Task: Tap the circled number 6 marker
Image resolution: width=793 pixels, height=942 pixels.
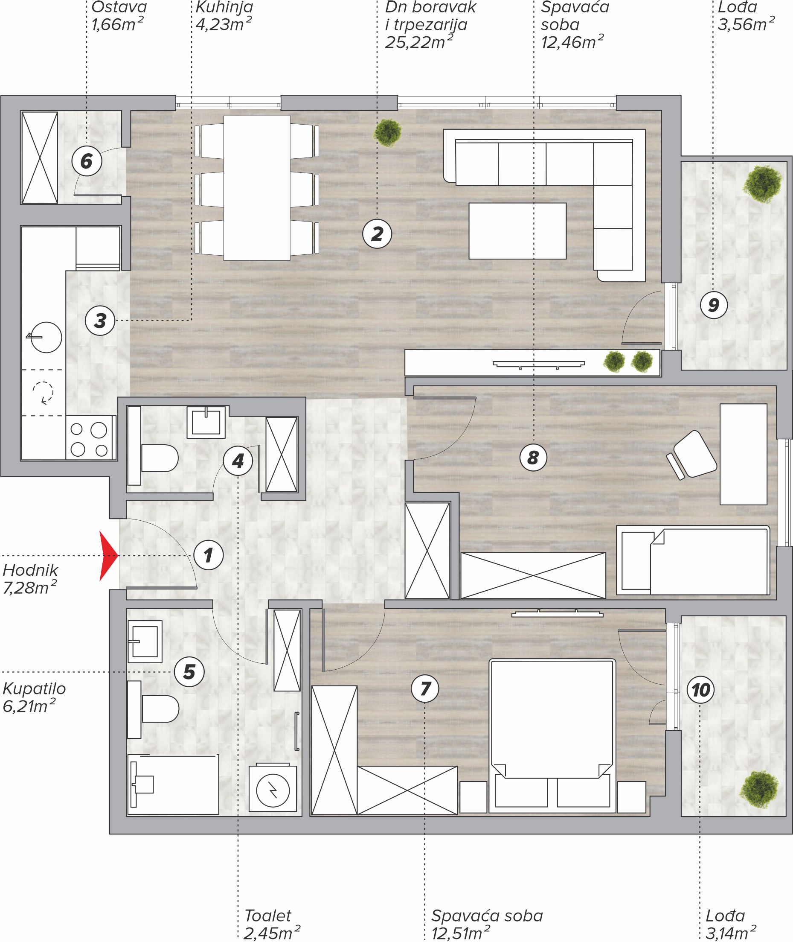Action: click(86, 160)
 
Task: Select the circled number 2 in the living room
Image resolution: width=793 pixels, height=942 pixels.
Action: click(377, 234)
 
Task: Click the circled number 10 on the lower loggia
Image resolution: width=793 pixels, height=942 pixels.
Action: click(701, 690)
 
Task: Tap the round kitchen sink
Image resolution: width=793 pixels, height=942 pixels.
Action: click(45, 337)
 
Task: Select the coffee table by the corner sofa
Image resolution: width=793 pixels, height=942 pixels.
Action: click(517, 231)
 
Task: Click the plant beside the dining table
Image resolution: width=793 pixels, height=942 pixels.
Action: click(387, 132)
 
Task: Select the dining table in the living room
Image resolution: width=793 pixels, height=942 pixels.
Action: click(257, 188)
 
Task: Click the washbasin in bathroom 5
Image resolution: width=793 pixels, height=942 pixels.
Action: click(145, 641)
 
